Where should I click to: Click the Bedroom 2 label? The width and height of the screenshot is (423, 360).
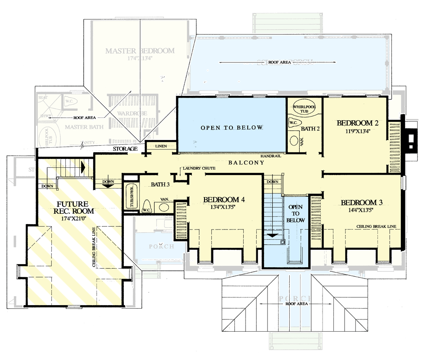(x=357, y=123)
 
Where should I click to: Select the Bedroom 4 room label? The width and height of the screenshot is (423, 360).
(x=224, y=199)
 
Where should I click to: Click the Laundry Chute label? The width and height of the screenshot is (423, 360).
(x=198, y=168)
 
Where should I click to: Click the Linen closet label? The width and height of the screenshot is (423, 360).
(x=160, y=147)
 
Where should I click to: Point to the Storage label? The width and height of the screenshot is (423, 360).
(x=125, y=149)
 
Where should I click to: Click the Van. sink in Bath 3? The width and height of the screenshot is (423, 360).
(x=164, y=207)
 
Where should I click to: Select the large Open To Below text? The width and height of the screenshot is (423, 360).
(x=231, y=128)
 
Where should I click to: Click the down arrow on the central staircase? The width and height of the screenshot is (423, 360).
(x=272, y=235)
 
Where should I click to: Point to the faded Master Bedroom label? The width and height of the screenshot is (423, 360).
(x=140, y=51)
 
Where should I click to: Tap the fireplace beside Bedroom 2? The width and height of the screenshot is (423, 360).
(x=410, y=139)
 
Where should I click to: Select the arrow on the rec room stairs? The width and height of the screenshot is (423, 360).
(x=82, y=166)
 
